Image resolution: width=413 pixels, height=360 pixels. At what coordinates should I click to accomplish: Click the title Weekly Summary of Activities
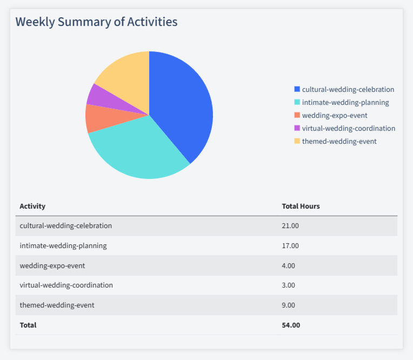[96, 22]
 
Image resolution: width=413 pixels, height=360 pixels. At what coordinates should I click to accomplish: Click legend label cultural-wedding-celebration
[348, 89]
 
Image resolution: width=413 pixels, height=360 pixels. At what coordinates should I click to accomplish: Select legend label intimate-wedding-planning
[345, 102]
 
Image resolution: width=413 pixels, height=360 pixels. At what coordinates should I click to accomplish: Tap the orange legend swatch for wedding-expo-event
[297, 115]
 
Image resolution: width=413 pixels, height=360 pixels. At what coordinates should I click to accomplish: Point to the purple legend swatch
[297, 128]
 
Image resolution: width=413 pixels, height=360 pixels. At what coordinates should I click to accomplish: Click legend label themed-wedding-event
[339, 141]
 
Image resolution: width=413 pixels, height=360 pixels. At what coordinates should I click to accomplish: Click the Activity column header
[32, 206]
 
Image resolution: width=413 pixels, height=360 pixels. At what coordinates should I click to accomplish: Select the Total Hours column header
[301, 206]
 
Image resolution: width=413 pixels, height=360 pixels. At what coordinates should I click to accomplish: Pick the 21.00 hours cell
[290, 226]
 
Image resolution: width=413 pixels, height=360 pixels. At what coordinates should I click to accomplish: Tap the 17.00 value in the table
[290, 246]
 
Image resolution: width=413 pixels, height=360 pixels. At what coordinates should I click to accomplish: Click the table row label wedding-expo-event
[52, 265]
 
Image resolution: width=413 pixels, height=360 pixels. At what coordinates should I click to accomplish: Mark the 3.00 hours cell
[289, 285]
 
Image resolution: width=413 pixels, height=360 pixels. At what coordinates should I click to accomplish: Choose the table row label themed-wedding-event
[57, 305]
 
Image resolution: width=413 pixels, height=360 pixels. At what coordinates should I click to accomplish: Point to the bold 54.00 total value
[291, 325]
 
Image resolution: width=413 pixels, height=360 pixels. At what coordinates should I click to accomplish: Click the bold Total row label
[28, 325]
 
